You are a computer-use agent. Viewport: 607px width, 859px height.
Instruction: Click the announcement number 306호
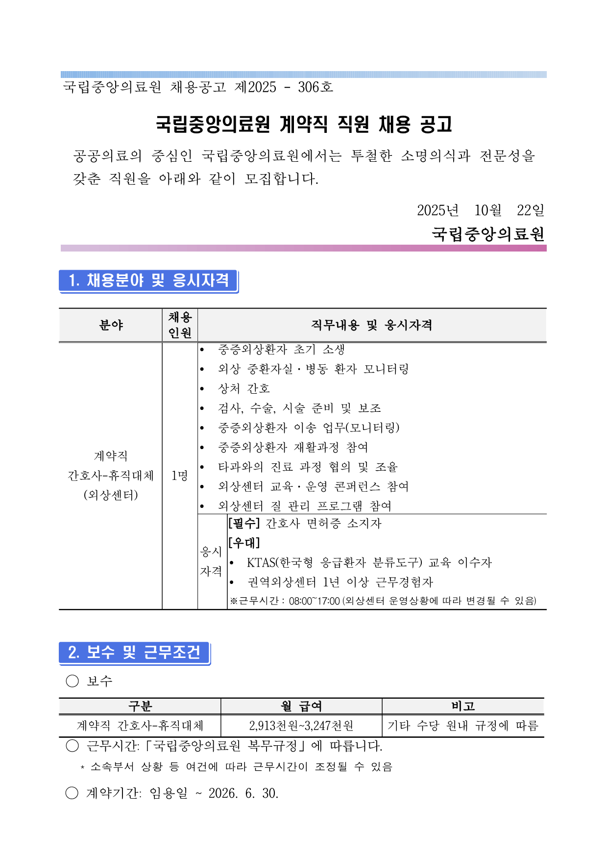click(x=315, y=87)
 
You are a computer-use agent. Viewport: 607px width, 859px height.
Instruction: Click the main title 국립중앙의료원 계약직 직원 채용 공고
click(x=304, y=124)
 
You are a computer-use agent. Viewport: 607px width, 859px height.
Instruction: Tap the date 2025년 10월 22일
click(x=480, y=210)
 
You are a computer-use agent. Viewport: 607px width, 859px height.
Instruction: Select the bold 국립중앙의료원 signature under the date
click(x=488, y=234)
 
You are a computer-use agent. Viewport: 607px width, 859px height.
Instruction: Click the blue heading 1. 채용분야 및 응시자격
click(x=148, y=280)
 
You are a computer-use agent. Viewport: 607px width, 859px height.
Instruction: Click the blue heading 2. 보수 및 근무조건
click(x=134, y=652)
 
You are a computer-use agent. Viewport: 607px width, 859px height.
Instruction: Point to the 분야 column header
click(x=111, y=325)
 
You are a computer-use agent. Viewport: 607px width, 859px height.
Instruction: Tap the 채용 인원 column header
click(x=180, y=325)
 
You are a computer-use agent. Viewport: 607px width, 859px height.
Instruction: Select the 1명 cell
click(x=179, y=475)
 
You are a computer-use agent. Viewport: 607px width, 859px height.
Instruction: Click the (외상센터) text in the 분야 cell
click(x=111, y=495)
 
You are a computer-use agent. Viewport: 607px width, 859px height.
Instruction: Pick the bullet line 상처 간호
click(x=243, y=389)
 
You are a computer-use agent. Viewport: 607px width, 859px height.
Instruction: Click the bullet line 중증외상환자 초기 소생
click(x=281, y=350)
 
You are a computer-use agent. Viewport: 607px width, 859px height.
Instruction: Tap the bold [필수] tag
click(x=244, y=524)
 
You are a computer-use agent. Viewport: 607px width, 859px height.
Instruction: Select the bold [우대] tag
click(x=244, y=543)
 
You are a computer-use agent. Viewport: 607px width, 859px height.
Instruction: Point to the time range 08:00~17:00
click(x=314, y=601)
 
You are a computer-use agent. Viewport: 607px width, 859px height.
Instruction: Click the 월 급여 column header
click(x=301, y=706)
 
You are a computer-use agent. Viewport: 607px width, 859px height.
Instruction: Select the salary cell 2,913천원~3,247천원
click(x=301, y=726)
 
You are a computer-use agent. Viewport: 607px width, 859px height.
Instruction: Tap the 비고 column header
click(x=463, y=706)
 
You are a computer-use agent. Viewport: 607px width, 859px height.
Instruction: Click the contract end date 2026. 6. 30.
click(x=243, y=793)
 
